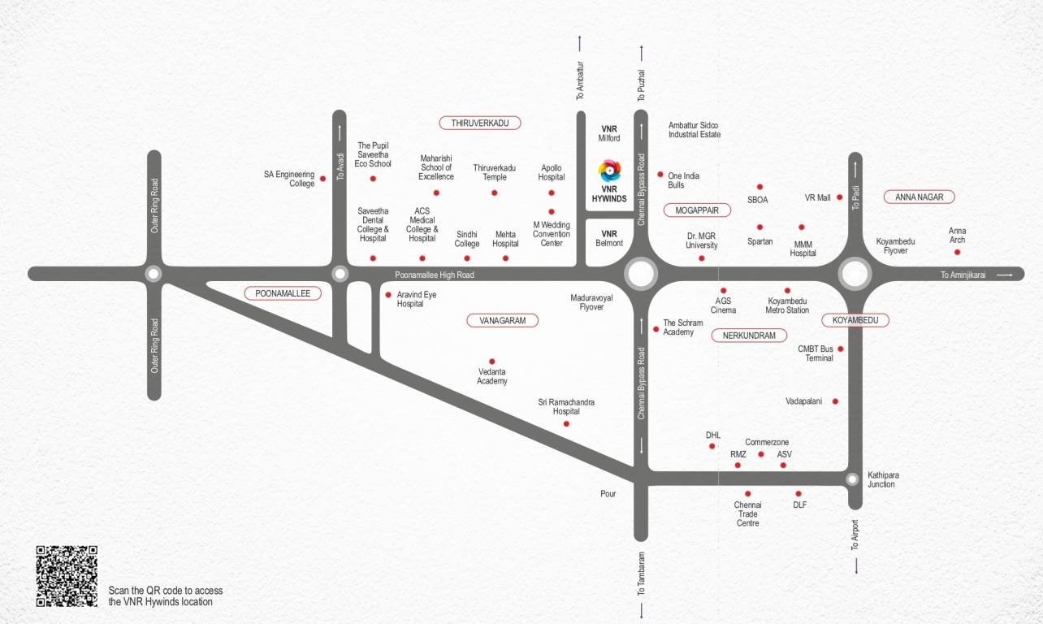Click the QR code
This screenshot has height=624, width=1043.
coord(67,576)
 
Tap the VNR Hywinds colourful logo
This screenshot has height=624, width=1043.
coord(609,171)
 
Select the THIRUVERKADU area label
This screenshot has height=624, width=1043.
coord(479,123)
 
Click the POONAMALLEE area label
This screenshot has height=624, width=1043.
coord(283,293)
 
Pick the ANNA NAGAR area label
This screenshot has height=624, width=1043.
coord(919,197)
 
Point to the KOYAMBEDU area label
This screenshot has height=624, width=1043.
coord(855,320)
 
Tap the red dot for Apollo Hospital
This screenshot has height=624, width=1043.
coord(552,193)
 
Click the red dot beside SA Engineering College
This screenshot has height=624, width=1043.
coord(322,179)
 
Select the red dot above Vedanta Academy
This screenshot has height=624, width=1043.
coord(491,361)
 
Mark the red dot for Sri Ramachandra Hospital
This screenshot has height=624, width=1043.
coord(566,423)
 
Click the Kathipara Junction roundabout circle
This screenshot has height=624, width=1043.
coord(852,479)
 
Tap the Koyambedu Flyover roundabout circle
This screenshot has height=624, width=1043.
coord(855,274)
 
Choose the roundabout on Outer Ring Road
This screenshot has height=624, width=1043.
coord(154,274)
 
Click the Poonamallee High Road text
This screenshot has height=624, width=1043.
coord(434,275)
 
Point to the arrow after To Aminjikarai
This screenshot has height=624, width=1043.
coord(1005,275)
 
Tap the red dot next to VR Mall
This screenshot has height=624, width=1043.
coord(840,197)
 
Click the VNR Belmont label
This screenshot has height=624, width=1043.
coord(609,238)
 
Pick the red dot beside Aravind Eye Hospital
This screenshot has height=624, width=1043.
coord(388,295)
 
